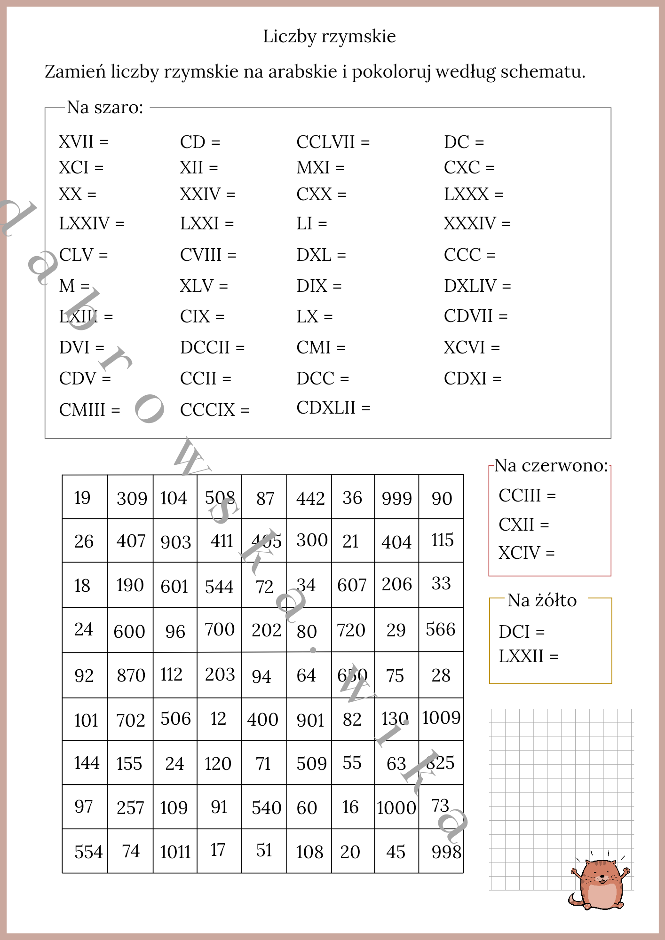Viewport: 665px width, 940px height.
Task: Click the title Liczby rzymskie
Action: click(329, 36)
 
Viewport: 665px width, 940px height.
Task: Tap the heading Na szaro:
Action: click(105, 108)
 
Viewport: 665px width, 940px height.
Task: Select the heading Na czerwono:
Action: click(551, 465)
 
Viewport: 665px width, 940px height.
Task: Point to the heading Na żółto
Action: click(542, 600)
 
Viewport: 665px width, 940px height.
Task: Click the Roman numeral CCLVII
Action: click(325, 142)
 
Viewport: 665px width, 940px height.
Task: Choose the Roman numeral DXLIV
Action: click(470, 286)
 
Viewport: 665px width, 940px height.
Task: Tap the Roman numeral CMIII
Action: click(82, 410)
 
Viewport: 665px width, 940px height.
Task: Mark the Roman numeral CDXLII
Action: click(325, 407)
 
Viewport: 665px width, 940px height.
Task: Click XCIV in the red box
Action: click(519, 553)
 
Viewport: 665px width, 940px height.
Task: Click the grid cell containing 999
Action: click(396, 498)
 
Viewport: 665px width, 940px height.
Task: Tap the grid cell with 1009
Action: click(441, 718)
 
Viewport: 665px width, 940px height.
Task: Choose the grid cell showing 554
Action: click(88, 852)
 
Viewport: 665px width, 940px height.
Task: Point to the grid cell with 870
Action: click(131, 675)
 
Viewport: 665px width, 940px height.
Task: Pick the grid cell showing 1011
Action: click(175, 852)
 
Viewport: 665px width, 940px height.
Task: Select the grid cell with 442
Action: click(310, 498)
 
